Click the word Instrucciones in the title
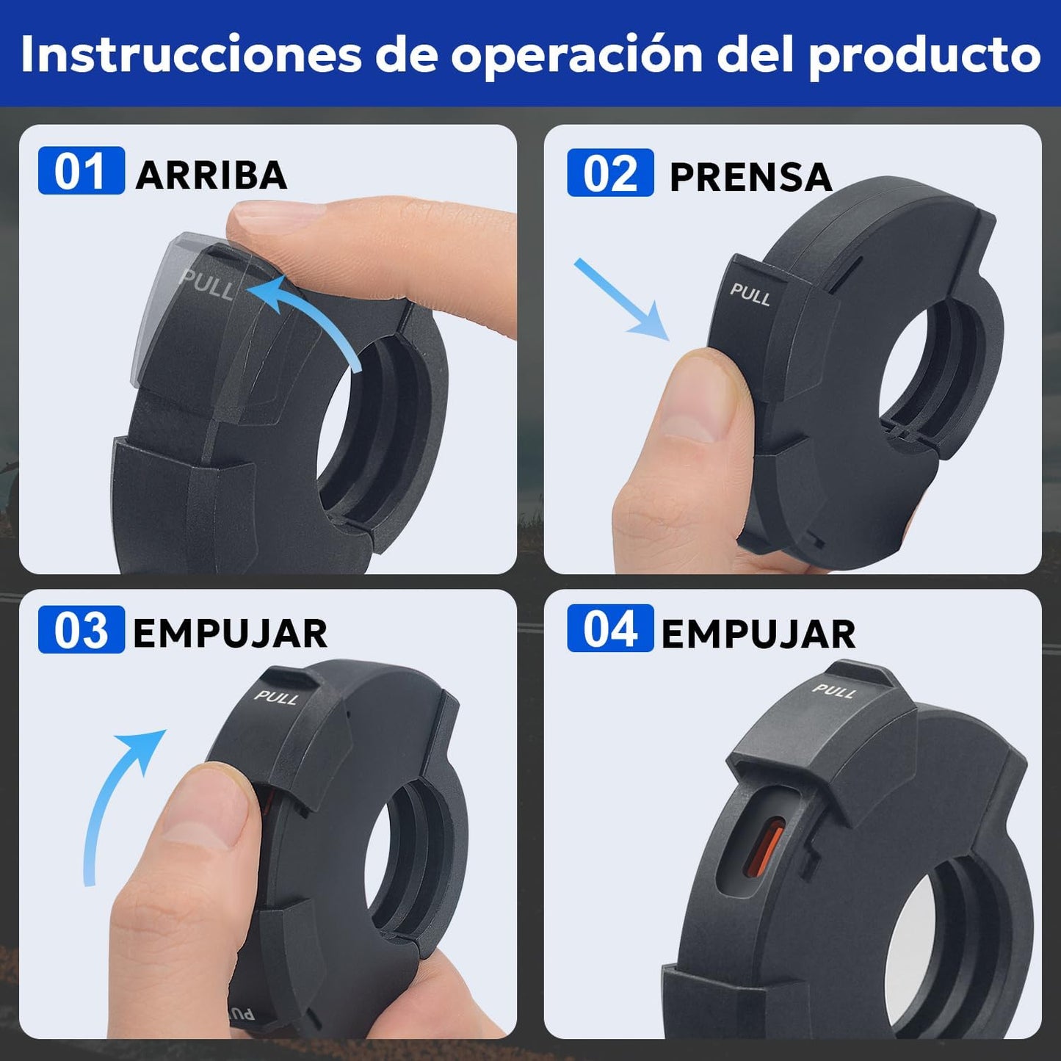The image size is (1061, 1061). (190, 54)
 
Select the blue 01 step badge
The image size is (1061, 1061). (82, 170)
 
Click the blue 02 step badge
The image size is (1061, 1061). (611, 173)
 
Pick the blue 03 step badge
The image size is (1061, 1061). (82, 629)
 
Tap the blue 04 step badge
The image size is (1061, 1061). (611, 628)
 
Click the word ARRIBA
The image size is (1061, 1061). (211, 175)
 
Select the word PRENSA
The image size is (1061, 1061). (750, 177)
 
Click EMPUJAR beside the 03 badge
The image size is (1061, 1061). (230, 634)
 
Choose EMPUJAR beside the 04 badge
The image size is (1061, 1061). (758, 634)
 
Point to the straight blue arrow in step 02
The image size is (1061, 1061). (622, 300)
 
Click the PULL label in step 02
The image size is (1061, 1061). (750, 295)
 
